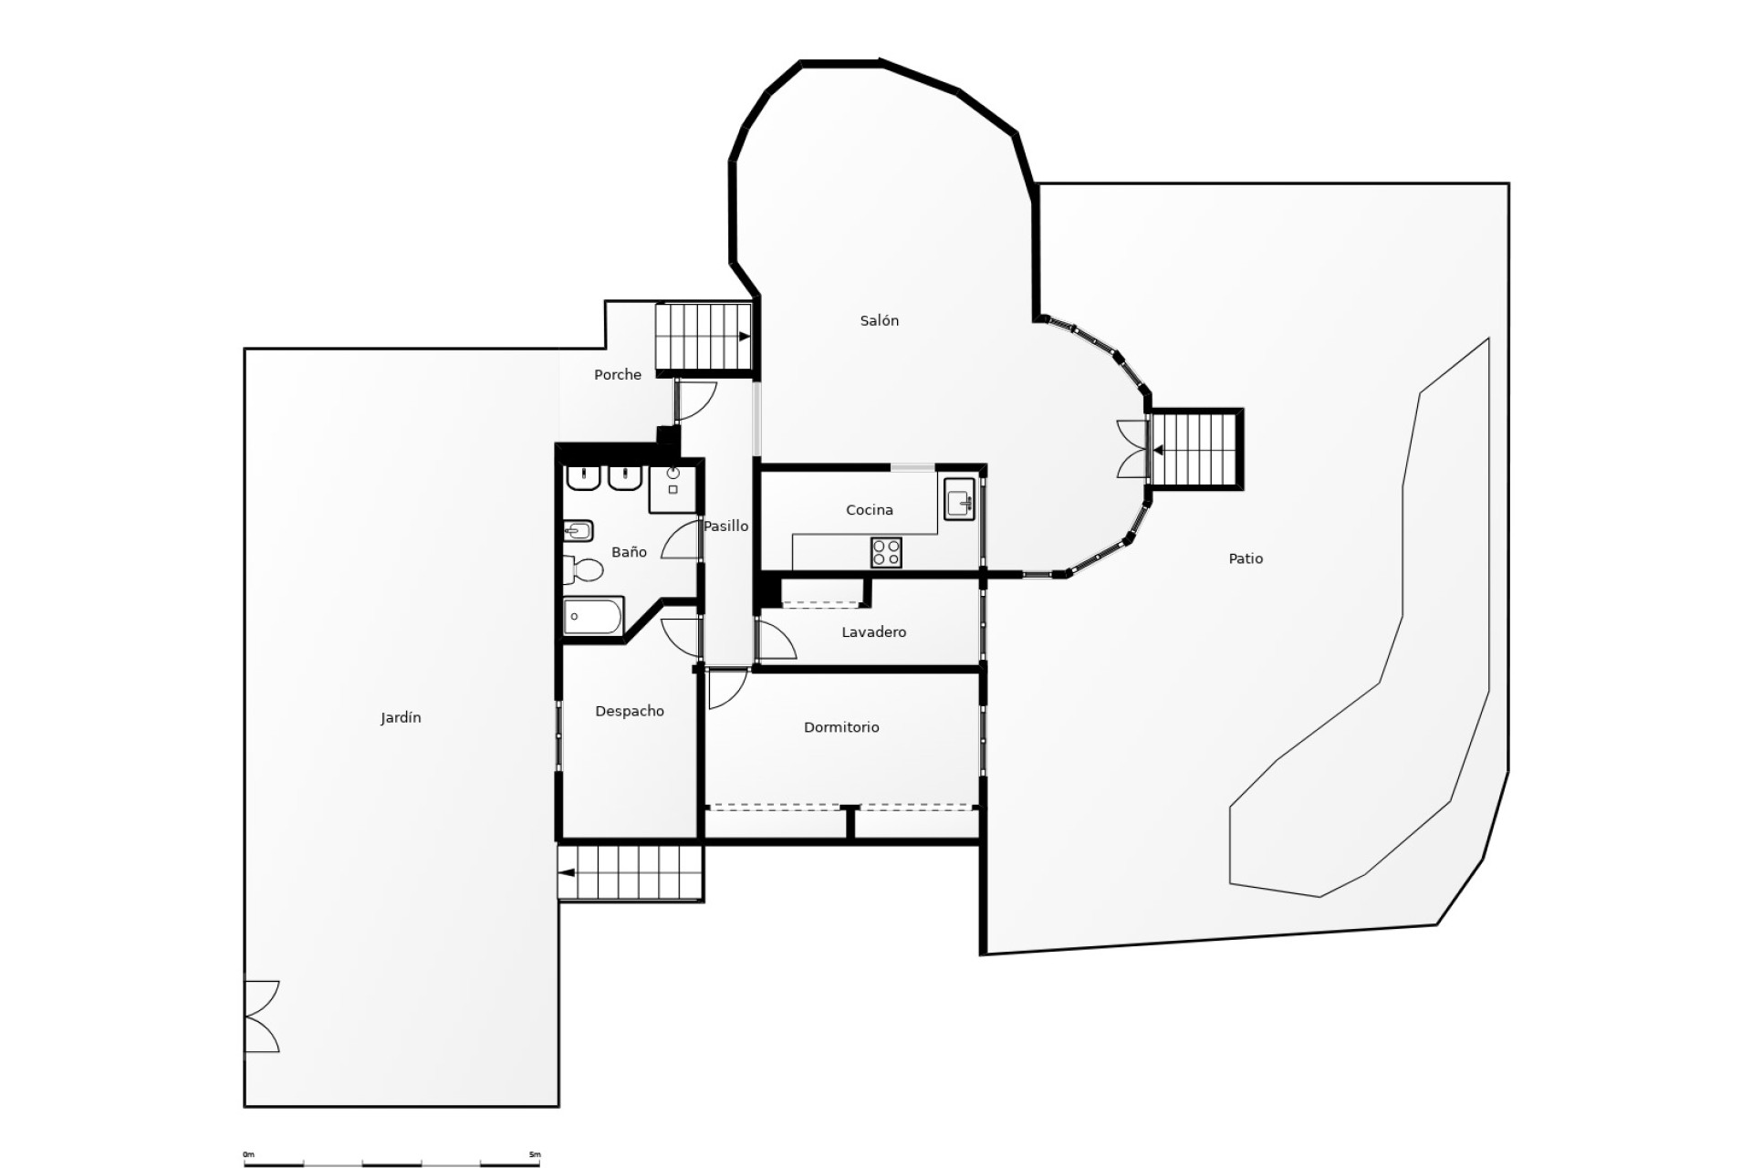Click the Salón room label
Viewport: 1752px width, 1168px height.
(879, 320)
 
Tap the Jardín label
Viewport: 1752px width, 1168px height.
(401, 718)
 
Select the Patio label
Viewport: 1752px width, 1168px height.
(1246, 558)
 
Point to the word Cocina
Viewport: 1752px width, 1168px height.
(869, 510)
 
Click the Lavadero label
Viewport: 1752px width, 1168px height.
(873, 632)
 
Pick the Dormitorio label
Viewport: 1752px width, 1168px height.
(841, 727)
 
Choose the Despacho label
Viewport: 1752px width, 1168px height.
(629, 711)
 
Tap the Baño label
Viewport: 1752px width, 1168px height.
(629, 552)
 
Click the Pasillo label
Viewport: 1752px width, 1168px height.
(725, 526)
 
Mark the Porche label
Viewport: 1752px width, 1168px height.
(617, 374)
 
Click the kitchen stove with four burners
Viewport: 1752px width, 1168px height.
(886, 552)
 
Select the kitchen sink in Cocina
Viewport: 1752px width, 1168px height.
(959, 501)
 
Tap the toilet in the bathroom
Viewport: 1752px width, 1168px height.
(584, 570)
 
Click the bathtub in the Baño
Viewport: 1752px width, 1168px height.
(593, 617)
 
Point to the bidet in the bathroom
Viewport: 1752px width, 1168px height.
(579, 530)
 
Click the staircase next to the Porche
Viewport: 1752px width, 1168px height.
(703, 337)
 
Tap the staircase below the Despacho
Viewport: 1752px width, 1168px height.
(631, 872)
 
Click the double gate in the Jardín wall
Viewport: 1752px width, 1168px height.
(261, 1017)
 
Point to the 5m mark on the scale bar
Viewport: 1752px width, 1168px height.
(536, 1155)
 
